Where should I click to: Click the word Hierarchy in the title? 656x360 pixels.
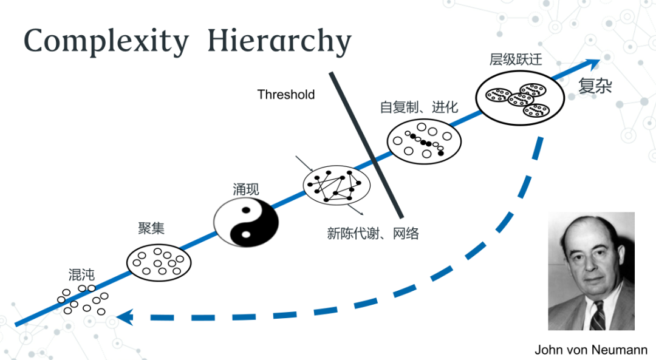click(279, 42)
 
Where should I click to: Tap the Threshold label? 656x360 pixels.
click(286, 95)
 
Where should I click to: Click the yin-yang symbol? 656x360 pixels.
click(246, 223)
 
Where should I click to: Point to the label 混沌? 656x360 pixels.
click(82, 274)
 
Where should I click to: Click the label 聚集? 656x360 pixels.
click(151, 228)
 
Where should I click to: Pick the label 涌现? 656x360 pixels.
click(246, 189)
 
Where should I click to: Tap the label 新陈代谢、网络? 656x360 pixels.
click(373, 233)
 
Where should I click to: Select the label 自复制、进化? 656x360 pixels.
click(419, 107)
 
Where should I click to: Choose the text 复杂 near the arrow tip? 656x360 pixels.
click(595, 86)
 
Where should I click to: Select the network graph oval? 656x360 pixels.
click(337, 185)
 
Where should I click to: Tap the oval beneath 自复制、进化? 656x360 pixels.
click(424, 140)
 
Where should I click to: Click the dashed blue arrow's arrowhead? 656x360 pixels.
click(124, 316)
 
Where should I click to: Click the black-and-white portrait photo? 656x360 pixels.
click(591, 271)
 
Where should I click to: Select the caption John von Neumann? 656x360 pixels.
click(591, 350)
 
